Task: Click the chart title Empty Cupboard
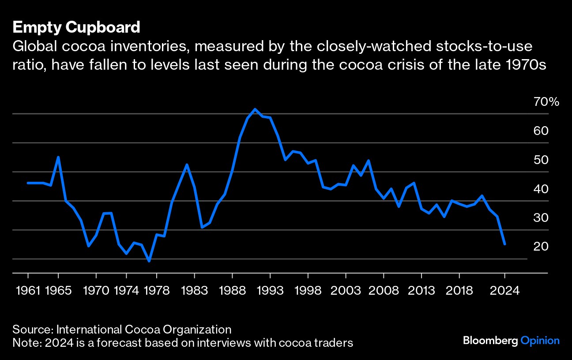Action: click(x=76, y=27)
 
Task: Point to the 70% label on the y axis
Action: click(x=546, y=102)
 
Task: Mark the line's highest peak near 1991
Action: click(x=255, y=109)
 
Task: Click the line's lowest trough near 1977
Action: click(x=149, y=261)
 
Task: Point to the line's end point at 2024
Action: click(x=504, y=244)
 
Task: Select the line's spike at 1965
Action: click(x=58, y=157)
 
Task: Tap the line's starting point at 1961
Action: click(x=28, y=183)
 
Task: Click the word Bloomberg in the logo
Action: click(x=490, y=341)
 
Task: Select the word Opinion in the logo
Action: click(x=540, y=341)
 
